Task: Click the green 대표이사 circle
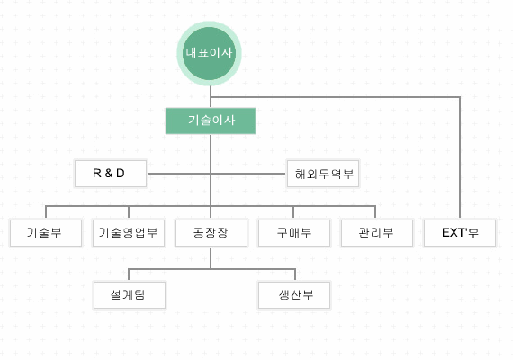coord(209,53)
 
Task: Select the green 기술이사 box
coord(211,121)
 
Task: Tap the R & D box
coord(111,174)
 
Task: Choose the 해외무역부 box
coord(323,174)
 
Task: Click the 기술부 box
coord(46,233)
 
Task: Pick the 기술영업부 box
coord(129,233)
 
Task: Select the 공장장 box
coord(211,233)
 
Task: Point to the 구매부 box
coord(294,233)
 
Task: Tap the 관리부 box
coord(377,233)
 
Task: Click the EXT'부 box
coord(460,233)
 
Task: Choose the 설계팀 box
coord(130,294)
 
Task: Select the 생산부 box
coord(294,294)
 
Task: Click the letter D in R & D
coord(121,173)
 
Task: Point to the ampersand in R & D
coord(109,173)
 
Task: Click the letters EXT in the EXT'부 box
coord(453,232)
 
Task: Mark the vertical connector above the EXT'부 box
coord(460,157)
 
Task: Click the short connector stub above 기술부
coord(46,212)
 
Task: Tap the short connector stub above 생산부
coord(295,274)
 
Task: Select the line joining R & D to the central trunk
coord(179,174)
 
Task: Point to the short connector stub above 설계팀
coord(129,274)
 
